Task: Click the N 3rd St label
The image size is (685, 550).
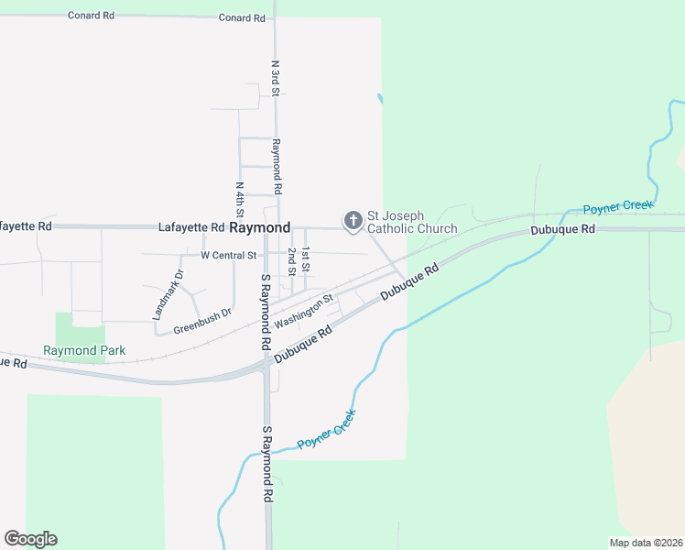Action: pos(275,79)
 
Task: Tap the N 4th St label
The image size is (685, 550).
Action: pos(239,199)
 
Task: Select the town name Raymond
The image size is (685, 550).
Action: pos(260,227)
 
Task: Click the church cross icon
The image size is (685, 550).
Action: pos(353,221)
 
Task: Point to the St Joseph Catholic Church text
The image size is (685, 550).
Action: pos(412,222)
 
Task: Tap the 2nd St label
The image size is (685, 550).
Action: pos(291,260)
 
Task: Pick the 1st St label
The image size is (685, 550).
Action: pos(307,260)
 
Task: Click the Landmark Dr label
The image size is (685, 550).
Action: pos(168,294)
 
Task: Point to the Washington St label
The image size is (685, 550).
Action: pos(303,311)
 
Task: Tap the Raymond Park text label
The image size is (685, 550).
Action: pos(84,350)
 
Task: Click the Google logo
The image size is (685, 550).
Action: pos(30,539)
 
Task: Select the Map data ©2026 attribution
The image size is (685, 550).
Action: pos(646,543)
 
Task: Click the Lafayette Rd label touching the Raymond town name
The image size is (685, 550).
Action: pos(191,227)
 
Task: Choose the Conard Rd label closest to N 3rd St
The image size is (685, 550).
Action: pos(243,18)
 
